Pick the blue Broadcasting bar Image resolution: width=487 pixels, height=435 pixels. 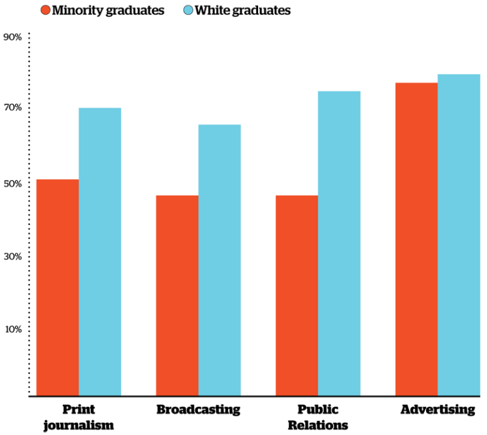(219, 260)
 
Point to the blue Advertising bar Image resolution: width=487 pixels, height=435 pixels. (459, 235)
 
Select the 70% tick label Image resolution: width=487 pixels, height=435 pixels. (13, 108)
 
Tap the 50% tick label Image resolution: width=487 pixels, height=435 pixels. (13, 184)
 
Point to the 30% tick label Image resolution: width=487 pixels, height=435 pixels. (13, 257)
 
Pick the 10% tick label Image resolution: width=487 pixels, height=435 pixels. (13, 329)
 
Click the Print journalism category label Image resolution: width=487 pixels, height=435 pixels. (79, 417)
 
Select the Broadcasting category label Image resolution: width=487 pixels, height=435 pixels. (198, 410)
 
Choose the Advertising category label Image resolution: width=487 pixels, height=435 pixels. (438, 410)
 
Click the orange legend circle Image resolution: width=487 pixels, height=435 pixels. (46, 10)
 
